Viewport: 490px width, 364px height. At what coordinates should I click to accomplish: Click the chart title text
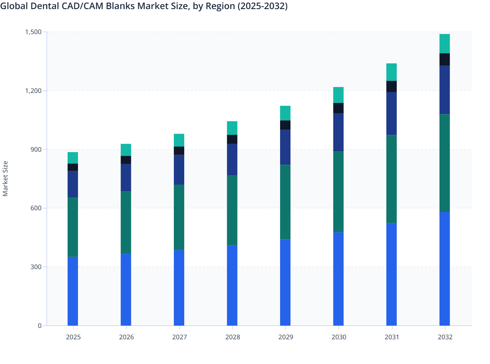[x=144, y=6]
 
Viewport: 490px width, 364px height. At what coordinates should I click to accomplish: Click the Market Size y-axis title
[x=5, y=179]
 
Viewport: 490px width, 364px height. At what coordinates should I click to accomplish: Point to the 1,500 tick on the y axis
[x=33, y=32]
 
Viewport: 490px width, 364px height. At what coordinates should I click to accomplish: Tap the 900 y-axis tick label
[x=36, y=149]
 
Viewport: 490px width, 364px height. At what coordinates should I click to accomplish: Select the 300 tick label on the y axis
[x=36, y=267]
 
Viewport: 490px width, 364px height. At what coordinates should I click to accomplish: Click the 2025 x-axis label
[x=73, y=337]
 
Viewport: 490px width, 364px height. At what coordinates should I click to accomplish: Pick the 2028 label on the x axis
[x=232, y=337]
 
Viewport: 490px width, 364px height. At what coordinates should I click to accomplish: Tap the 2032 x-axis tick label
[x=445, y=337]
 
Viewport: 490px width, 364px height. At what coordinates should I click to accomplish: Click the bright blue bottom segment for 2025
[x=73, y=291]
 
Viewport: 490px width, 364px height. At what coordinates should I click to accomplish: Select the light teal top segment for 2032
[x=445, y=44]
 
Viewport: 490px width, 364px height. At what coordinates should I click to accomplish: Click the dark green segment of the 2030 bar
[x=338, y=192]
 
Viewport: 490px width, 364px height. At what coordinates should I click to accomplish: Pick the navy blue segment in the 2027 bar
[x=179, y=170]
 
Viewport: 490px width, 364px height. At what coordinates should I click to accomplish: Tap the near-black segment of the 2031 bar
[x=392, y=86]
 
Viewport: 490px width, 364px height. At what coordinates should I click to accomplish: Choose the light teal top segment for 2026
[x=126, y=150]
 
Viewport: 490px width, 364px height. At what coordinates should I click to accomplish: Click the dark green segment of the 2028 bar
[x=232, y=210]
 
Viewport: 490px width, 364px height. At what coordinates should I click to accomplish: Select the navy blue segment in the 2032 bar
[x=445, y=90]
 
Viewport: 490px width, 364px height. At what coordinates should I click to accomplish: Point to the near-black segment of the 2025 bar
[x=73, y=167]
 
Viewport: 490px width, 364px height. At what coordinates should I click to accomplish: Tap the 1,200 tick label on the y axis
[x=33, y=91]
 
